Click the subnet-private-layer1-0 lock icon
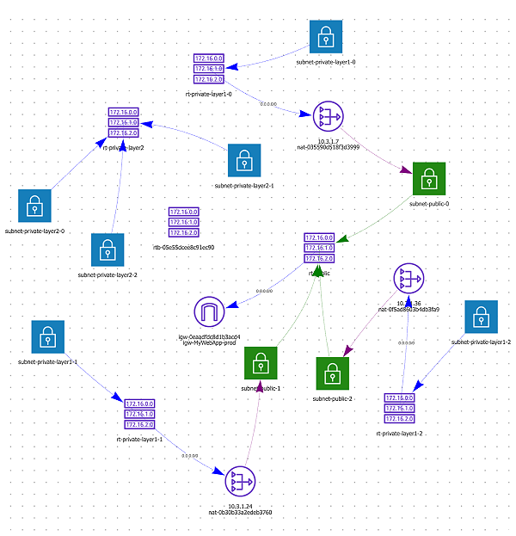(x=326, y=37)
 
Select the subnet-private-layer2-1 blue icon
(x=245, y=161)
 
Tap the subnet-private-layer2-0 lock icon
(x=34, y=206)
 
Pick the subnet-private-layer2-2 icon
(x=107, y=250)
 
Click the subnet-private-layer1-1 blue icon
(x=47, y=338)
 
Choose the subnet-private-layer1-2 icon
(x=481, y=318)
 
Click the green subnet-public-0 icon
(x=429, y=179)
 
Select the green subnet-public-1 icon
(x=261, y=365)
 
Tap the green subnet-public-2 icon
(x=333, y=374)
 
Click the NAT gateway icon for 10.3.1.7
(x=328, y=116)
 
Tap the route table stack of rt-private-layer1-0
(x=209, y=69)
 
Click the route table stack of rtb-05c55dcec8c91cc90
(x=183, y=222)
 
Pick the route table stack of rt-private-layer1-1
(x=139, y=414)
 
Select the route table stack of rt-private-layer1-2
(x=400, y=410)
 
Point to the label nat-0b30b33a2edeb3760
(x=240, y=513)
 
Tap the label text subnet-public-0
(x=429, y=204)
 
